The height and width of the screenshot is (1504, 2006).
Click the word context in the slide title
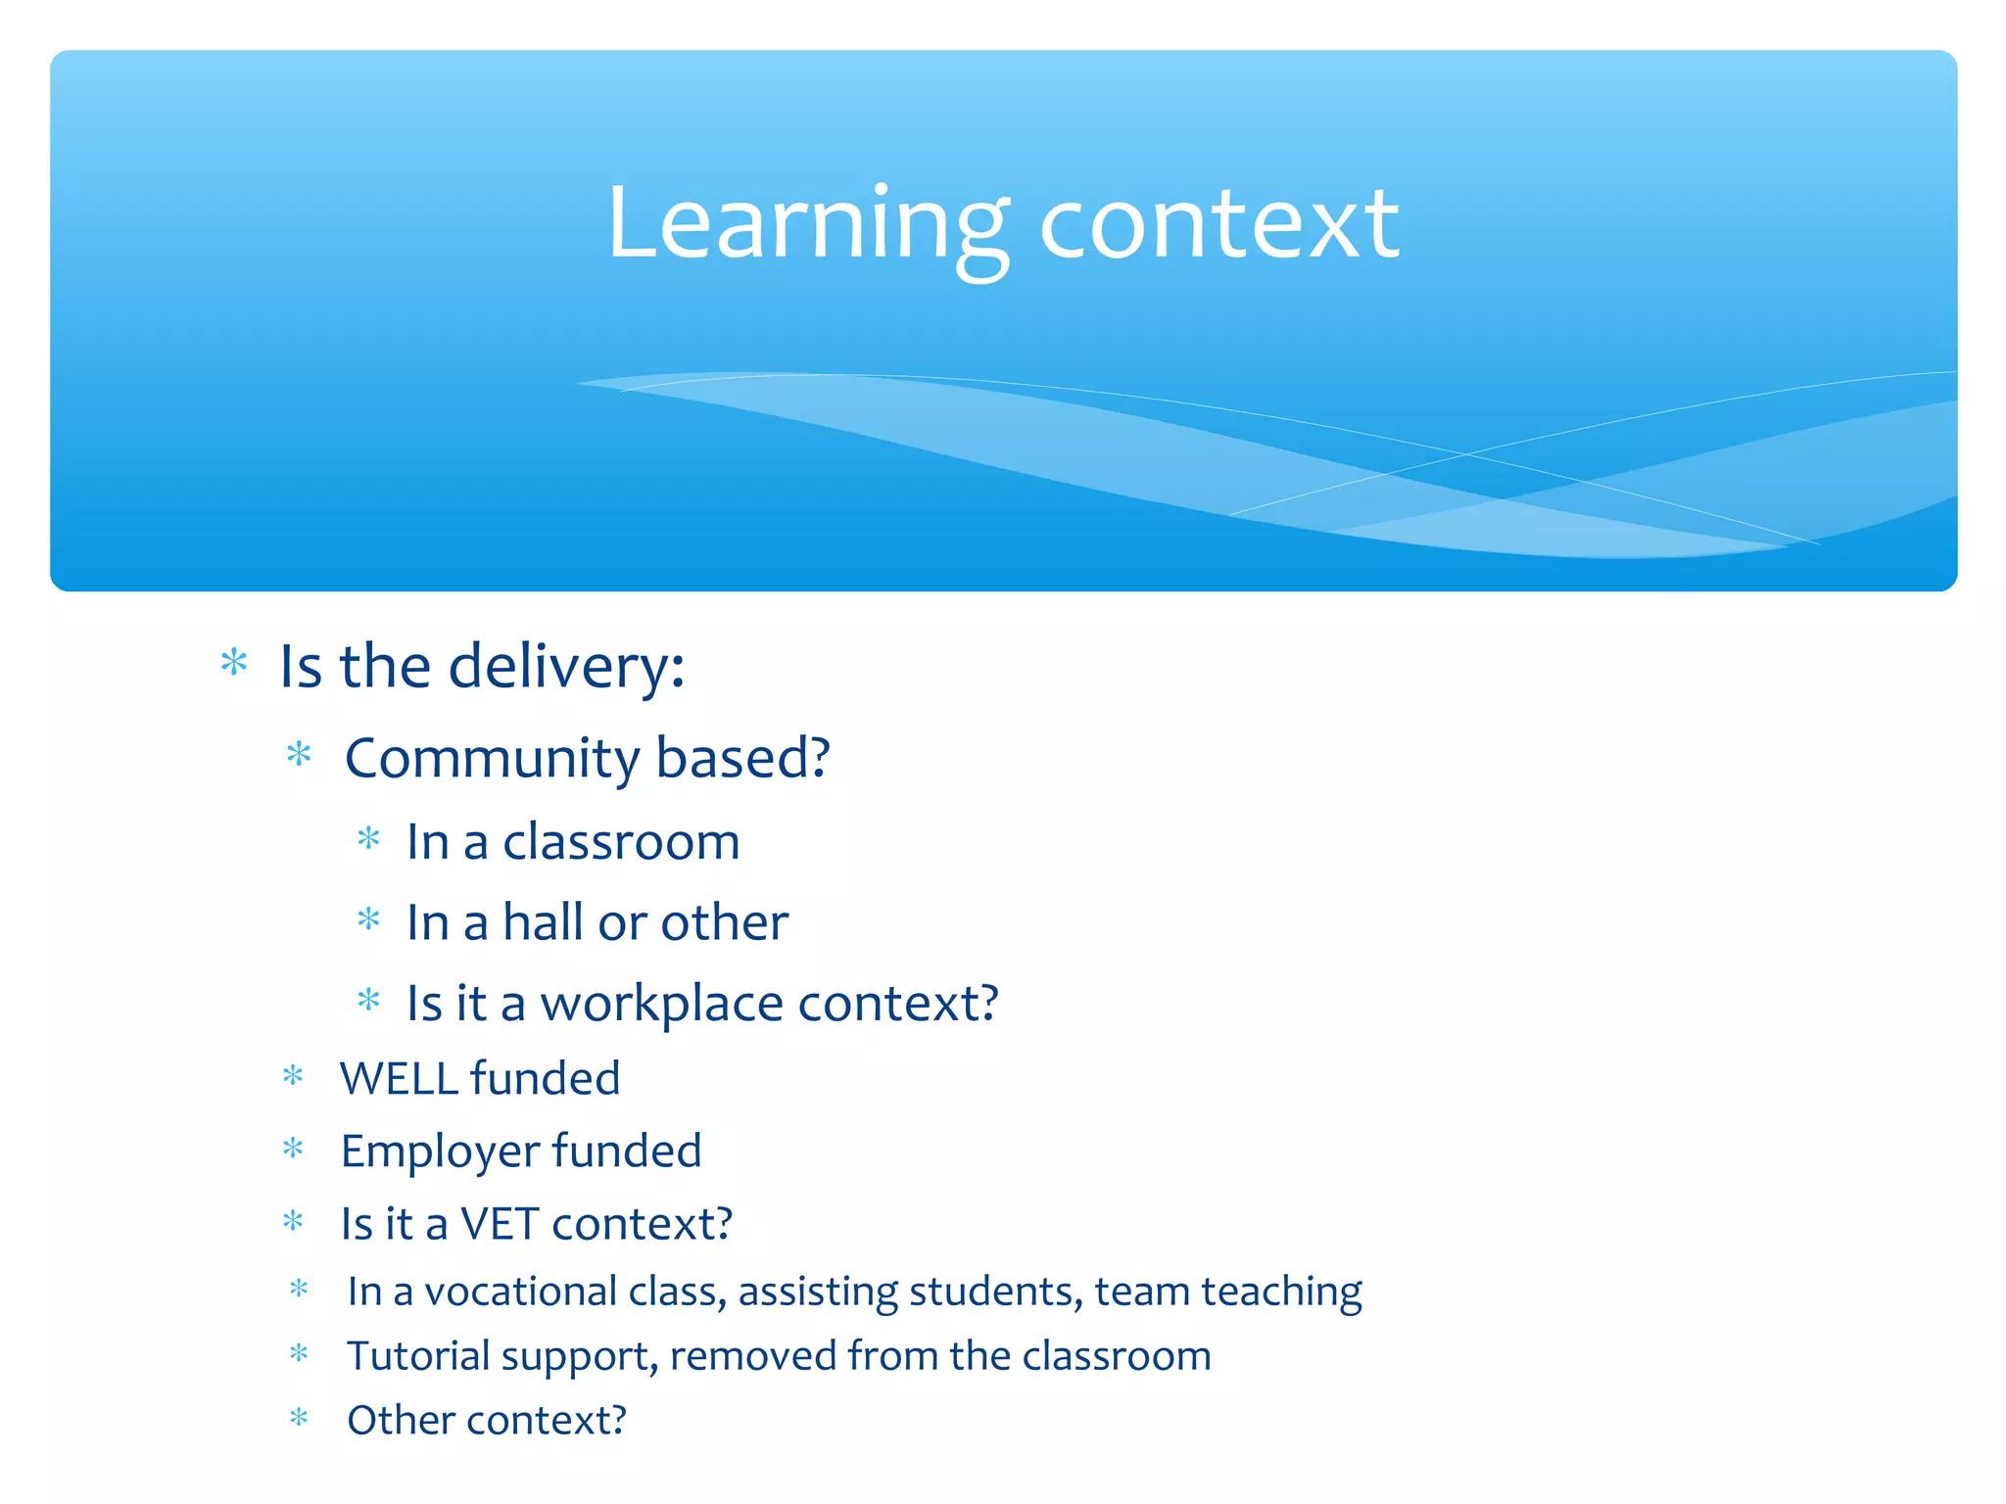click(1218, 225)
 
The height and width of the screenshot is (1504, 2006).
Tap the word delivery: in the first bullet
click(566, 668)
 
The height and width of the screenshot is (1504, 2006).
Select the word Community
click(493, 759)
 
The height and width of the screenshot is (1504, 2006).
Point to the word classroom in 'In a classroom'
click(621, 842)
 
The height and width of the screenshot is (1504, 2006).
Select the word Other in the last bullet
click(394, 1421)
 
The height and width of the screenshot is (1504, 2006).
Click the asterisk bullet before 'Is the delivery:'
click(234, 663)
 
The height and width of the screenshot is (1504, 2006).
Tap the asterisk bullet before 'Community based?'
click(299, 754)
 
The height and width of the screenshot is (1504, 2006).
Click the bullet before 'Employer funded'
click(293, 1148)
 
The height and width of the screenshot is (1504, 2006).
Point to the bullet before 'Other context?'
click(299, 1417)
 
